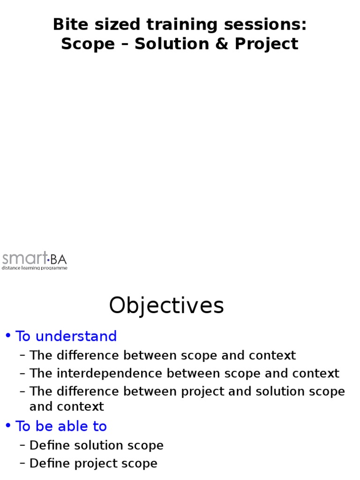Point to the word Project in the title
point(266,44)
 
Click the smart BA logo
point(35,258)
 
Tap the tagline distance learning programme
point(35,268)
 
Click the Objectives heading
point(166,306)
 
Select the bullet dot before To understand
point(8,336)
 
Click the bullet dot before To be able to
point(8,426)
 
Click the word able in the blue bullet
point(69,426)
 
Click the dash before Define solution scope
point(22,445)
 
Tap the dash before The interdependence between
point(22,374)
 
